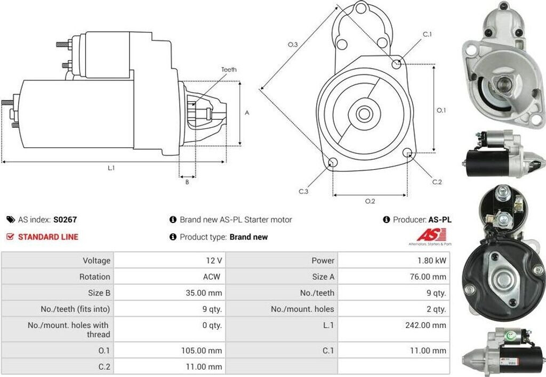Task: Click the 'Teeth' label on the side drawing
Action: pyautogui.click(x=229, y=70)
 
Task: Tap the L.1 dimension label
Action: pyautogui.click(x=111, y=168)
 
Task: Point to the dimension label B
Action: pyautogui.click(x=187, y=182)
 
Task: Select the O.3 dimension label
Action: pyautogui.click(x=292, y=45)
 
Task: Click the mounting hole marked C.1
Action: pyautogui.click(x=396, y=64)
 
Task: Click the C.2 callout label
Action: pyautogui.click(x=437, y=182)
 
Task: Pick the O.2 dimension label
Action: pyautogui.click(x=370, y=201)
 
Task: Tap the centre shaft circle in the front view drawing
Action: pyautogui.click(x=365, y=113)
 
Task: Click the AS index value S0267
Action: pyautogui.click(x=61, y=219)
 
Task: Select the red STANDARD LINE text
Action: pyautogui.click(x=48, y=237)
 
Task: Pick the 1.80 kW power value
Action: pyautogui.click(x=433, y=260)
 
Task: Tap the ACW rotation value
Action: pyautogui.click(x=212, y=277)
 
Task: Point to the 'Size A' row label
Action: pyautogui.click(x=323, y=277)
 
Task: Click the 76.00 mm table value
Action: pyautogui.click(x=430, y=277)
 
